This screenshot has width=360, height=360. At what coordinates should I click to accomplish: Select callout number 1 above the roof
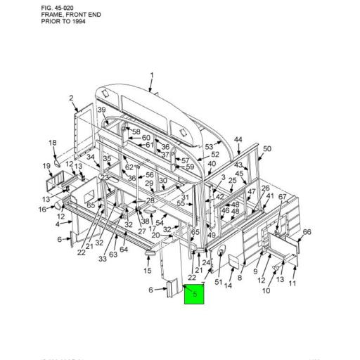(152, 75)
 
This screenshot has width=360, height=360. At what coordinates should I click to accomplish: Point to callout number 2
(72, 98)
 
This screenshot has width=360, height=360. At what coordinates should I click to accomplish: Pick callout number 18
(53, 143)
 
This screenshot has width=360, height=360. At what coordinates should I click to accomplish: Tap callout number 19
(47, 167)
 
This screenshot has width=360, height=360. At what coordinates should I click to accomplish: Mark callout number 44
(239, 139)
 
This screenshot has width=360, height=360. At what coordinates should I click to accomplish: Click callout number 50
(267, 149)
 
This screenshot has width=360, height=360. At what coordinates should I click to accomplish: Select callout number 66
(307, 232)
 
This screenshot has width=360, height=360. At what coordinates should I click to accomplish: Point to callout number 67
(282, 197)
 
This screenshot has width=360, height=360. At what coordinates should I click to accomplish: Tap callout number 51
(218, 283)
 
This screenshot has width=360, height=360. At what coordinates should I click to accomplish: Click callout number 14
(229, 285)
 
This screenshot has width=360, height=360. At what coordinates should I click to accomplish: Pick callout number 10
(266, 290)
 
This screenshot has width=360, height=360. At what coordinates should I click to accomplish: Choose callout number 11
(292, 283)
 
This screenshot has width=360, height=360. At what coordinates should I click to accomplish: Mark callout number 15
(148, 271)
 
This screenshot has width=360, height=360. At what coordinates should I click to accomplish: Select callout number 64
(123, 250)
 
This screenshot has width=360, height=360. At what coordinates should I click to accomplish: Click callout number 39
(101, 110)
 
